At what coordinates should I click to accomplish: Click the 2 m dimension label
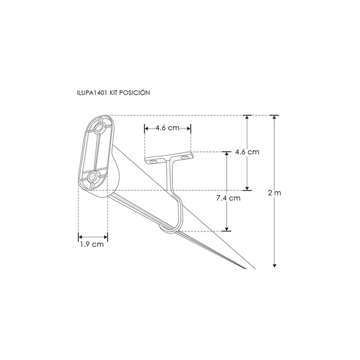(x=275, y=193)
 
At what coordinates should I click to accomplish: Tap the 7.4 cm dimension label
(x=228, y=198)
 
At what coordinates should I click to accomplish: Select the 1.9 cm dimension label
(x=92, y=244)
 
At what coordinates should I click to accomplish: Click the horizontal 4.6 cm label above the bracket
(x=167, y=127)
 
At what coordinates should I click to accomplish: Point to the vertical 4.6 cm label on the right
(x=247, y=152)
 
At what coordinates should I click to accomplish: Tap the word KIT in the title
(x=113, y=93)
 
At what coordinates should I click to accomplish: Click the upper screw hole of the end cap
(x=99, y=127)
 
